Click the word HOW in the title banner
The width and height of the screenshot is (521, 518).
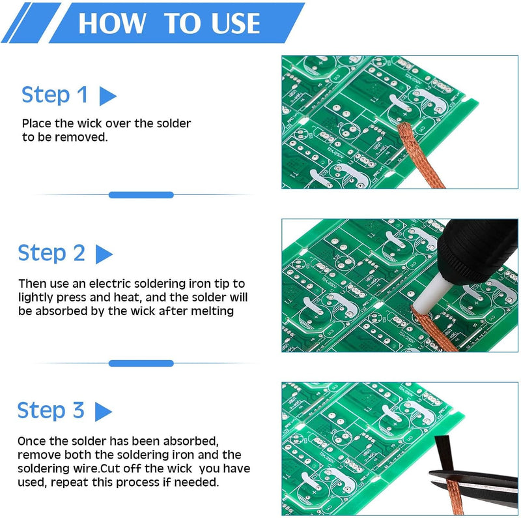111,23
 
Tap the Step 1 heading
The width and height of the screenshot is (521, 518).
55,95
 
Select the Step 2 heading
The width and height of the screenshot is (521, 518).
51,253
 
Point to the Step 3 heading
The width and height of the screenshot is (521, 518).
51,410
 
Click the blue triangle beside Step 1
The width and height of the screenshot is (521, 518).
107,97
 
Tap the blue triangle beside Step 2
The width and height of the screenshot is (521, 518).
104,254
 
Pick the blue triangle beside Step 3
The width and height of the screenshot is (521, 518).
103,412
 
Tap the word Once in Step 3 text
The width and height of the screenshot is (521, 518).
31,441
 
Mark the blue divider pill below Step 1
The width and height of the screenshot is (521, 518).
141,195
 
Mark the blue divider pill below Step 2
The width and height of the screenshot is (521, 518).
141,363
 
